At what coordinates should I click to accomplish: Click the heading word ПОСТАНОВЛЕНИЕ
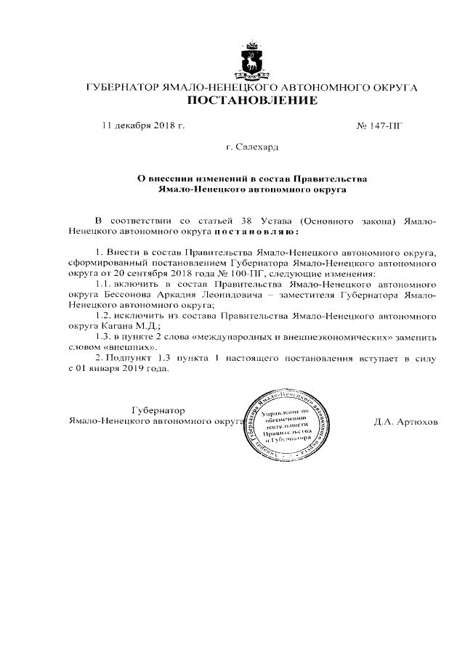(x=252, y=100)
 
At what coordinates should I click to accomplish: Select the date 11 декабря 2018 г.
(x=143, y=126)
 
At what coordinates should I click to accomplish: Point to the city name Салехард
(x=256, y=147)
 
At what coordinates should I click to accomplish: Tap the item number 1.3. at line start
(x=107, y=337)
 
